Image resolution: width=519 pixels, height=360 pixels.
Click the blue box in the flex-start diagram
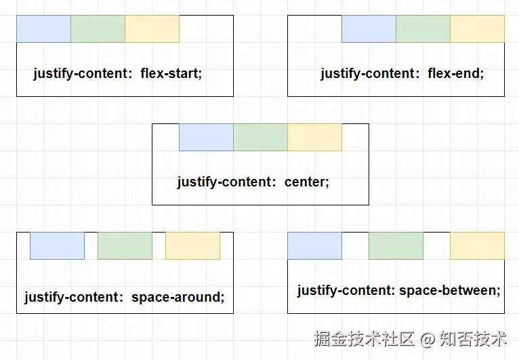[x=43, y=28]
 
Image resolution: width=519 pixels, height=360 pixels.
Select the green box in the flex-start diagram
[x=98, y=28]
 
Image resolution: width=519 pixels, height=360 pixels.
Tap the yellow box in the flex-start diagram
[x=152, y=28]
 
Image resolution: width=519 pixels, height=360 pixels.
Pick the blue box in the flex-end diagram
[x=369, y=28]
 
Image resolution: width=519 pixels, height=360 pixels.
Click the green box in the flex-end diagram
[x=423, y=28]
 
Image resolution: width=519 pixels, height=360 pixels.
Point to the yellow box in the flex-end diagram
[x=477, y=28]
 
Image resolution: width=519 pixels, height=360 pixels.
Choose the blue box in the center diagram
[x=206, y=137]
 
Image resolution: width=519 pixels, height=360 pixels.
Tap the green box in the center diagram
[x=260, y=137]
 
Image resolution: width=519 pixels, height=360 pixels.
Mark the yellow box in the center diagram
[x=314, y=137]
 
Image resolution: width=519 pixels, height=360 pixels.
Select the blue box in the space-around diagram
[x=57, y=245]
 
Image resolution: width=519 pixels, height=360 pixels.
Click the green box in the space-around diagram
[x=125, y=245]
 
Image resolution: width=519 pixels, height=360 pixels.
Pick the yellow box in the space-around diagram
[x=192, y=245]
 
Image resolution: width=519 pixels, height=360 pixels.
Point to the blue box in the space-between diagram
[x=314, y=245]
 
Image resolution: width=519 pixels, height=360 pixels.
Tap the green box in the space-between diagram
[x=396, y=245]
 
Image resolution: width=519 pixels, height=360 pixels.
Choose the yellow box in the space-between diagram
[x=477, y=245]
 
